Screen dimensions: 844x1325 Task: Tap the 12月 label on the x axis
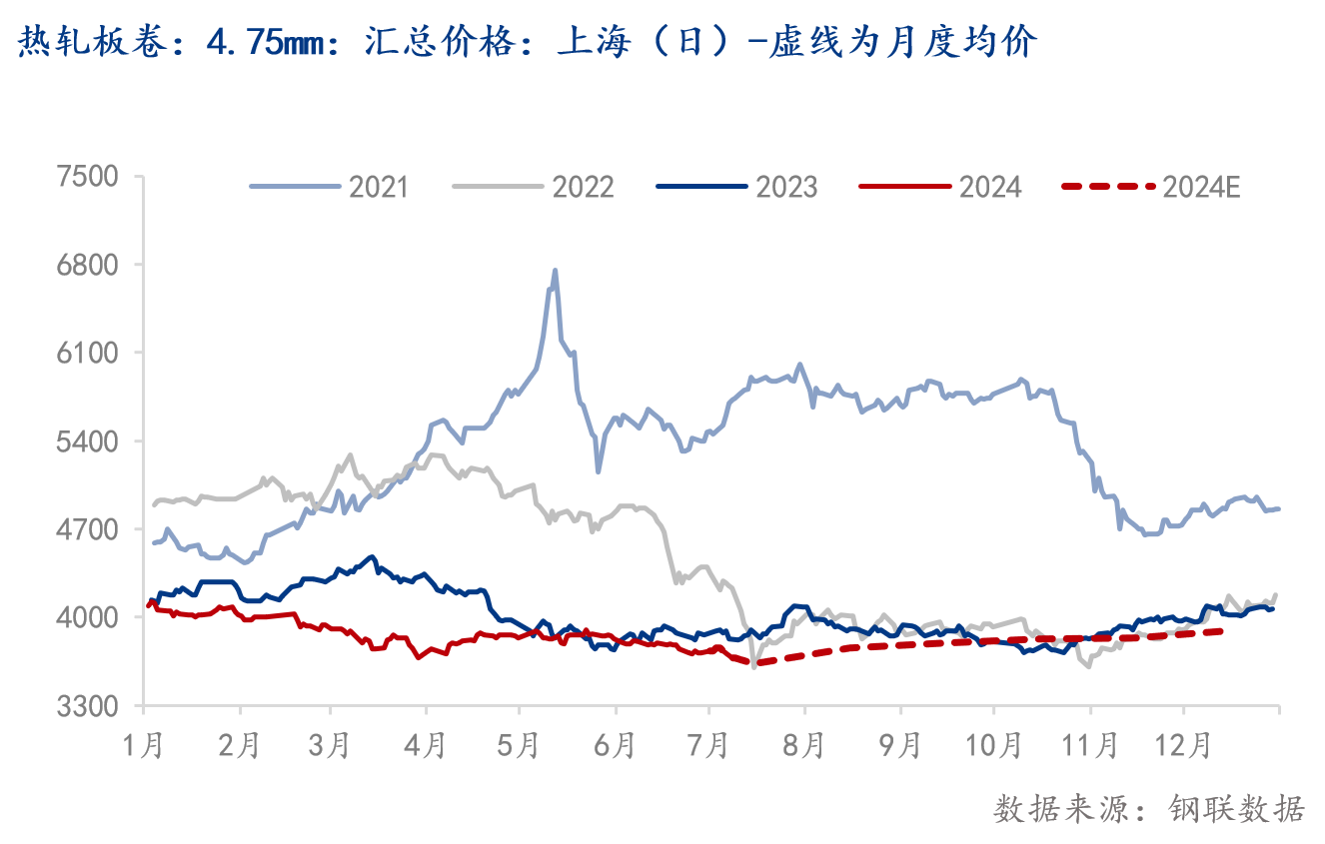coord(1184,745)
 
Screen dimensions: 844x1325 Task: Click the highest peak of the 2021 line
coord(555,271)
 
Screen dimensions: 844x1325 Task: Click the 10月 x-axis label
coord(994,745)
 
